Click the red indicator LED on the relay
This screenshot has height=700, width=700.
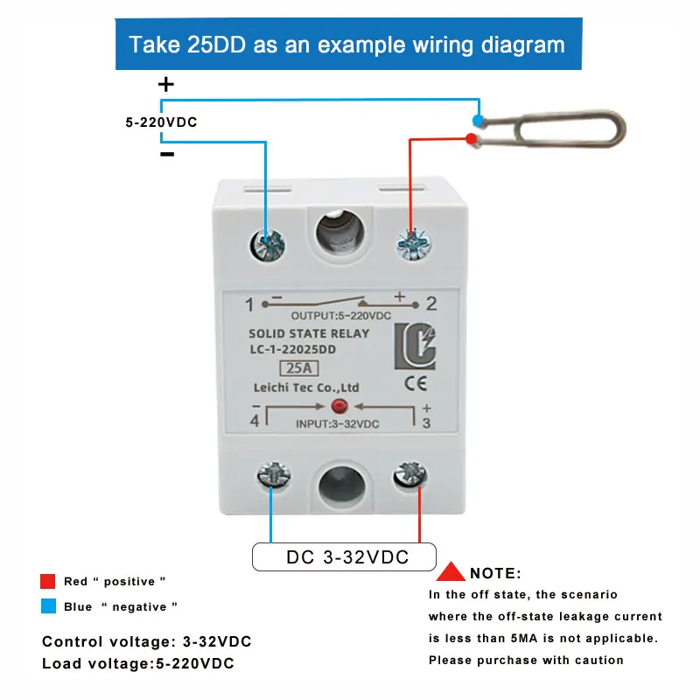point(339,406)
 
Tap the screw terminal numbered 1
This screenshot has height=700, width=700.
point(267,246)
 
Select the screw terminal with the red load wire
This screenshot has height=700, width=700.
point(414,244)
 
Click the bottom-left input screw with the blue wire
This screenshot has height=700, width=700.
point(274,475)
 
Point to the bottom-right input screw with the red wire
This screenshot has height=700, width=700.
point(410,476)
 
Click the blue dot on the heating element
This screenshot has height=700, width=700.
point(478,120)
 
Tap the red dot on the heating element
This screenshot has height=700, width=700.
point(471,139)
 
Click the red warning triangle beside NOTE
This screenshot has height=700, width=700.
point(451,571)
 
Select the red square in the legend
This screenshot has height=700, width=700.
point(48,581)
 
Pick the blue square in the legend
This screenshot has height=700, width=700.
point(48,606)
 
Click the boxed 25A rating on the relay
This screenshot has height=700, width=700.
point(298,368)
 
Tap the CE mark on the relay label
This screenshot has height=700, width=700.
point(416,383)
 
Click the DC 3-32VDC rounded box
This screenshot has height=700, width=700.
point(344,556)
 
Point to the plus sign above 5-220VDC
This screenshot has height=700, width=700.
point(166,84)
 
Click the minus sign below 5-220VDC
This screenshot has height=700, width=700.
point(167,155)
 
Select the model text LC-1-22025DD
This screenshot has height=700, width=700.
point(292,349)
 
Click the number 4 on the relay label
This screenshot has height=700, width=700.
point(255,421)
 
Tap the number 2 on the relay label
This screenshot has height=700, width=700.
point(431,304)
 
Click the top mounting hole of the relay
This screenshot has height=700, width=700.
point(340,233)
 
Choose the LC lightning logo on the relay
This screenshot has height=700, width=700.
point(415,346)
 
